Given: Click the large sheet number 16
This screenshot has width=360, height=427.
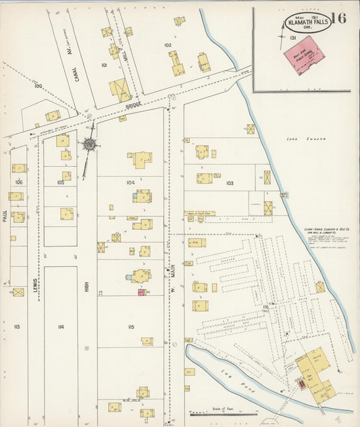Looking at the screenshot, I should (x=339, y=18).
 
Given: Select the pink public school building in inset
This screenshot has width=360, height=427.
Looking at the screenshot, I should (x=301, y=58).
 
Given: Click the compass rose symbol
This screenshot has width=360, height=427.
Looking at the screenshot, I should (x=88, y=144).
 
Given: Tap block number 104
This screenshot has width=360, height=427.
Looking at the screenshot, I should (x=130, y=182).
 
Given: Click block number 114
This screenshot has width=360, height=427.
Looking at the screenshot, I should (x=61, y=327).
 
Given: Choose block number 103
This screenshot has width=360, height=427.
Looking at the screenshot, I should (x=230, y=183).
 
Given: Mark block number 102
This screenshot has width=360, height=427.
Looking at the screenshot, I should (x=168, y=45).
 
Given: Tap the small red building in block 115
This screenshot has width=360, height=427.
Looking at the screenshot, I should (x=142, y=292).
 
